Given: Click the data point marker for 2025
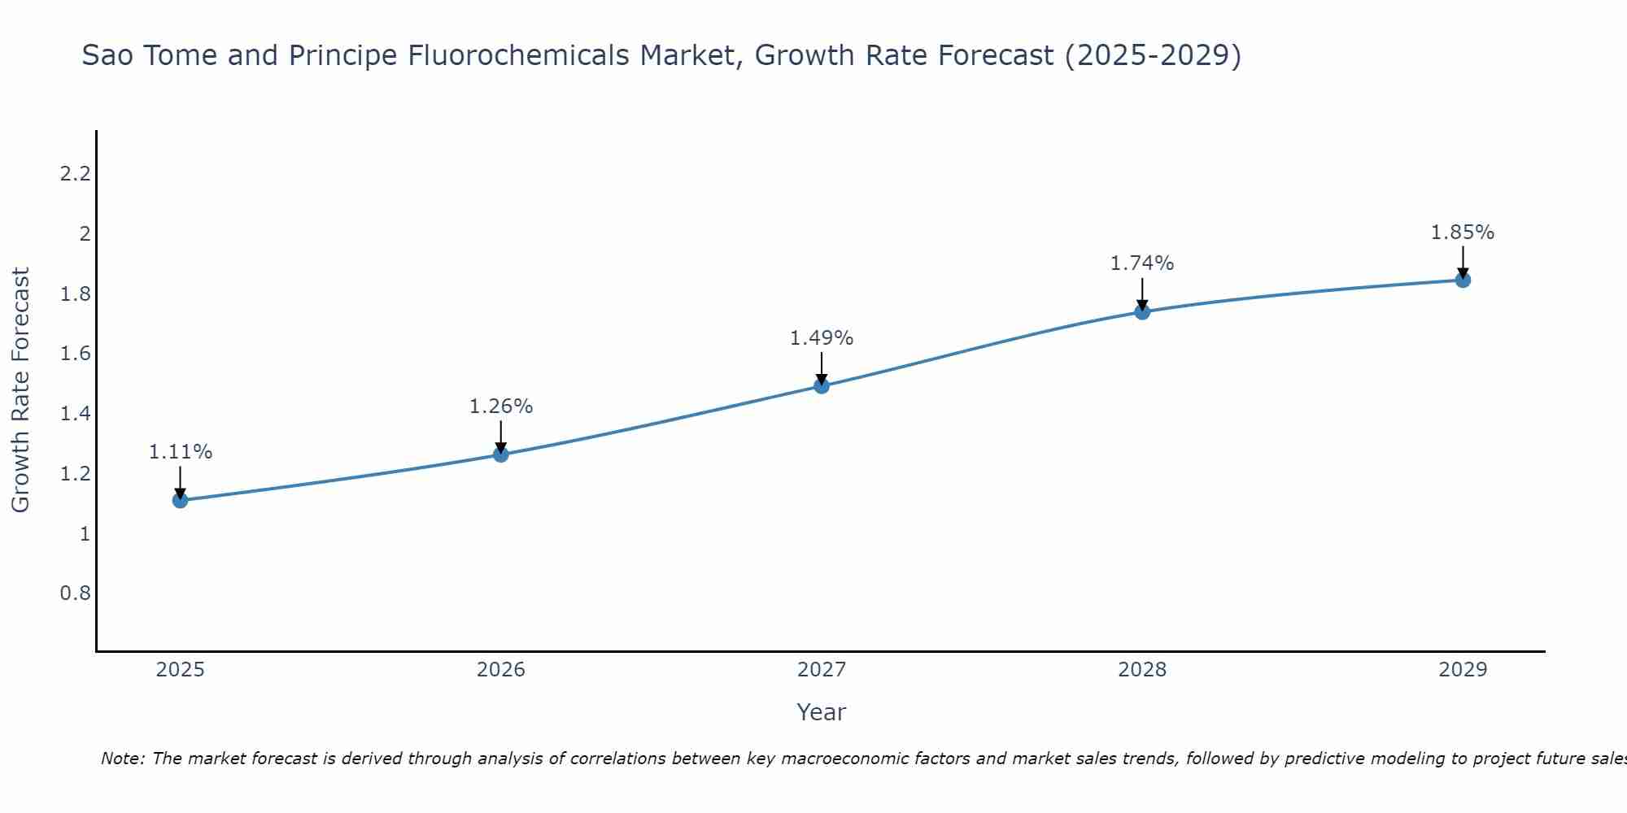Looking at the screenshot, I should point(181,500).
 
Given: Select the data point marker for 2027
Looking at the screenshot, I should point(822,386).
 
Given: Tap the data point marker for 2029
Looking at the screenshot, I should point(1463,280).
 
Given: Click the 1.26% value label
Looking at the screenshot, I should point(501,406).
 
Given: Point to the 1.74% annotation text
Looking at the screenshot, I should point(1142,263).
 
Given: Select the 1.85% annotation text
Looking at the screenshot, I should point(1463,233).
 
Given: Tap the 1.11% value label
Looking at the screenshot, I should point(181,452).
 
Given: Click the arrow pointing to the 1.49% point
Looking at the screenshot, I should point(822,368).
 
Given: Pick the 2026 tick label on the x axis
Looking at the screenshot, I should point(501,670).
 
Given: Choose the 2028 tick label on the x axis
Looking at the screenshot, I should point(1142,670).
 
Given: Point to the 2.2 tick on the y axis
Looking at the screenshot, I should point(76,174).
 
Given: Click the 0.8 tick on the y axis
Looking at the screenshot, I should point(76,593).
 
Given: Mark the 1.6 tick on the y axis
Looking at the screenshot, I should point(76,354).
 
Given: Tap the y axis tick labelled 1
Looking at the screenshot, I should point(85,534).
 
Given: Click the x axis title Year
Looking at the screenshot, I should point(822,712).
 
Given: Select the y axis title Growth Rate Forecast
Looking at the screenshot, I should point(21,390).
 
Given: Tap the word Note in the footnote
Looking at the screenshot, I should point(122,759).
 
